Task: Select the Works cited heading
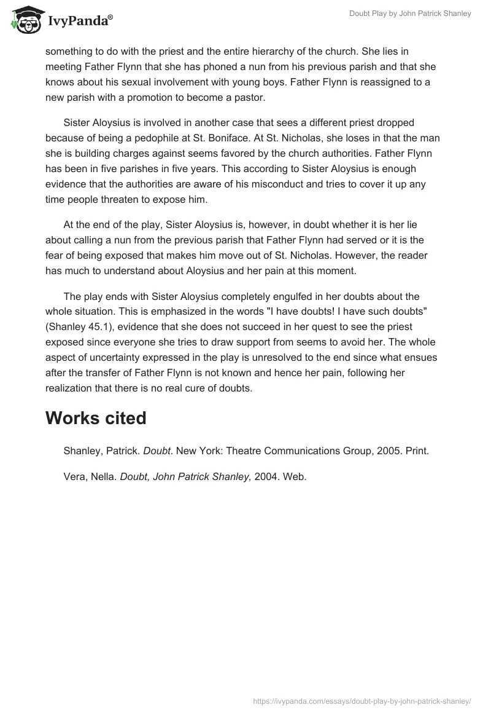coord(96,418)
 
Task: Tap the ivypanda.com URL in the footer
coord(362,700)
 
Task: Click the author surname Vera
coord(75,476)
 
